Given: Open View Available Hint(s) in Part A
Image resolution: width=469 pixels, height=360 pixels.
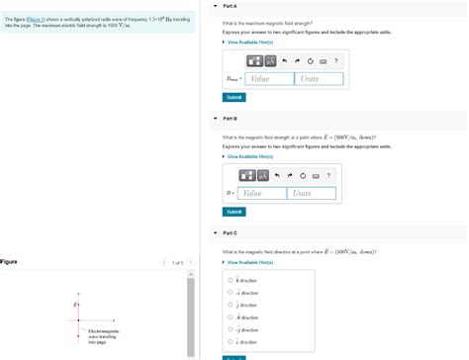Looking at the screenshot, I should (249, 42).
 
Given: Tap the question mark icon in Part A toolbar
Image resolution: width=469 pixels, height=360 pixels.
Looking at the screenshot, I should (336, 60).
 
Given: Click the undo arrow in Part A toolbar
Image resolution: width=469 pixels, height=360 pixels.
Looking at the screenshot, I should (283, 60).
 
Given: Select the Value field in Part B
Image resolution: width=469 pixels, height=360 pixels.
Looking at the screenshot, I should (261, 193).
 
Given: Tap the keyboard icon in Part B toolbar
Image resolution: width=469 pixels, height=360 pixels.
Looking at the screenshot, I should (316, 175).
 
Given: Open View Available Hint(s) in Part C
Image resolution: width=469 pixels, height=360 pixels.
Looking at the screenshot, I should (249, 262).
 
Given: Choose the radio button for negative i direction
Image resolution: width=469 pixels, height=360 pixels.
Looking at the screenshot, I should (231, 293).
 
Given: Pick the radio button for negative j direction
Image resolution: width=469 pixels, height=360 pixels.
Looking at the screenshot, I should (231, 329).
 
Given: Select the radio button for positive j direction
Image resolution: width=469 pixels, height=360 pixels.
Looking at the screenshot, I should (231, 305).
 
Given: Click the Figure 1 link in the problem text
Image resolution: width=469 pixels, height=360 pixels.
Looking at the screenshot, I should (36, 18).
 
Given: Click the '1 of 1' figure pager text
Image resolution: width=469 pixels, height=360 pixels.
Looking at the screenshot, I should (177, 262).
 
